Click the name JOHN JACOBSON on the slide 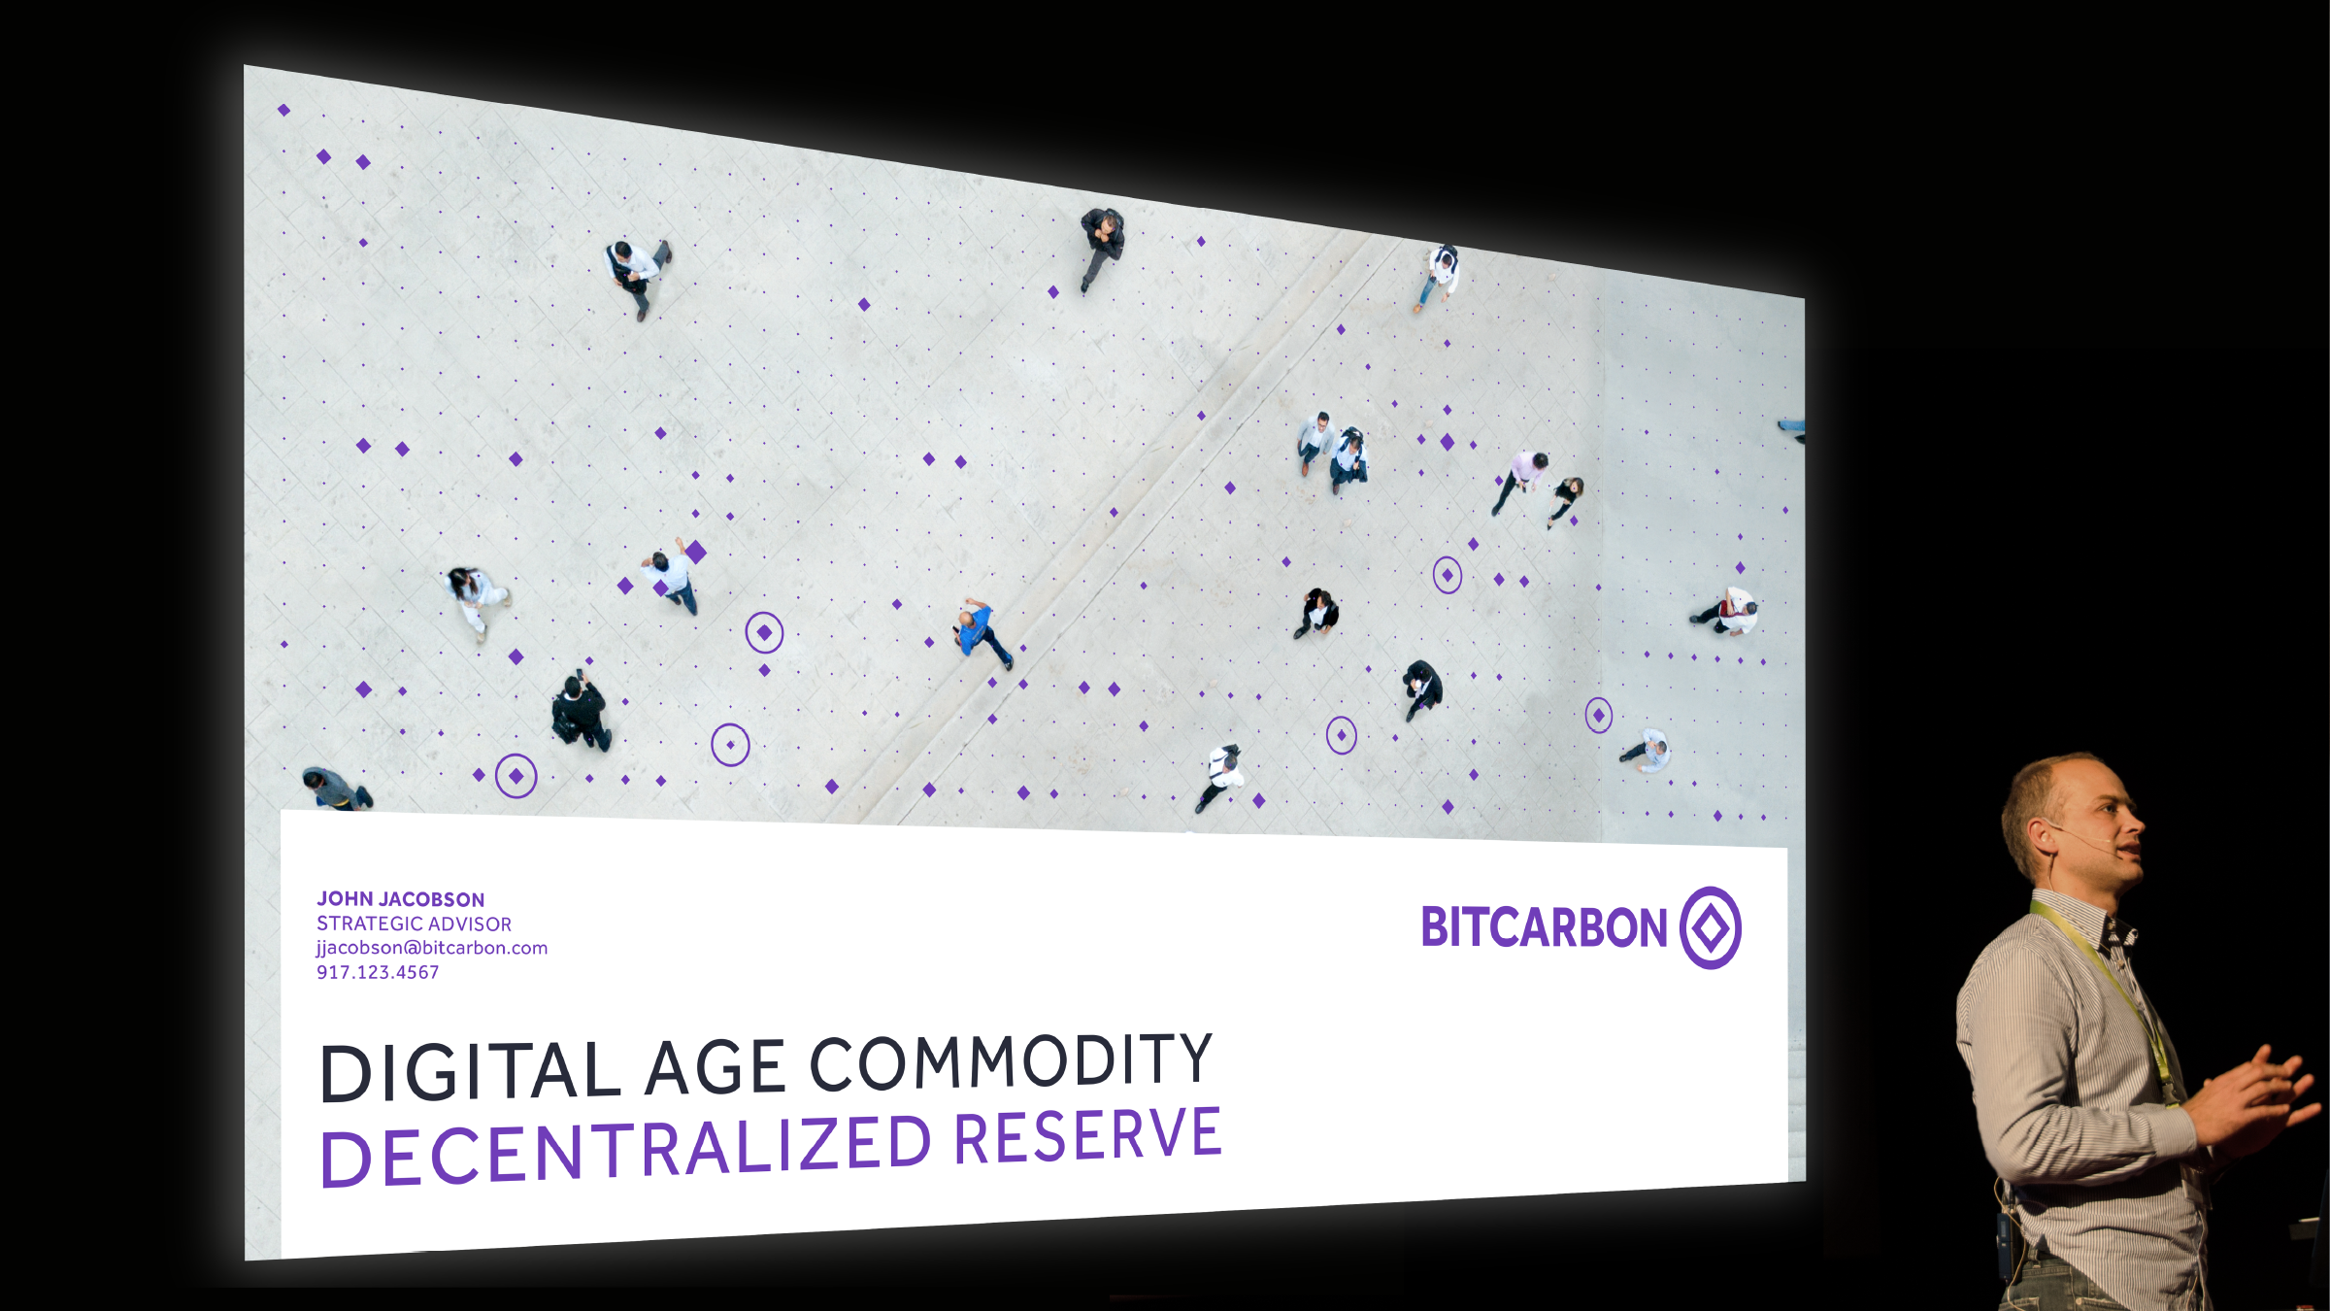click(x=400, y=899)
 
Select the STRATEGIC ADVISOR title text click(x=414, y=924)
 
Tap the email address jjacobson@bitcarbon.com click(x=432, y=948)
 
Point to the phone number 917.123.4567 click(x=378, y=972)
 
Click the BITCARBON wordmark click(x=1544, y=927)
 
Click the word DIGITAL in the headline click(x=470, y=1071)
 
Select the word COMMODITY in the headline click(x=1012, y=1059)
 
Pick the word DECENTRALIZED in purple click(x=626, y=1151)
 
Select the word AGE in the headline click(x=715, y=1067)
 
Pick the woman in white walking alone click(x=477, y=602)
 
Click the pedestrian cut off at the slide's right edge click(x=1792, y=427)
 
